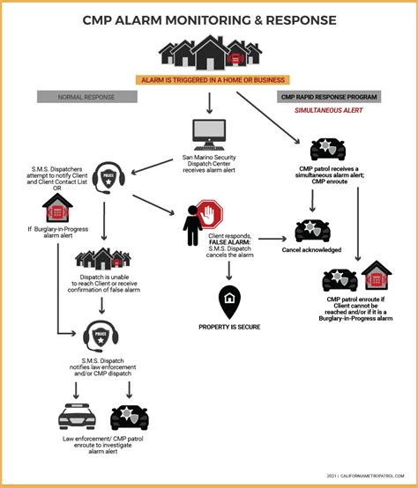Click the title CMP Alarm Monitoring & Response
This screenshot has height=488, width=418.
point(208,18)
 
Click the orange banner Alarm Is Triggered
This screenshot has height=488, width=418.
point(209,80)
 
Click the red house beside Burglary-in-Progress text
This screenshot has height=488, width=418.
point(57,208)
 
